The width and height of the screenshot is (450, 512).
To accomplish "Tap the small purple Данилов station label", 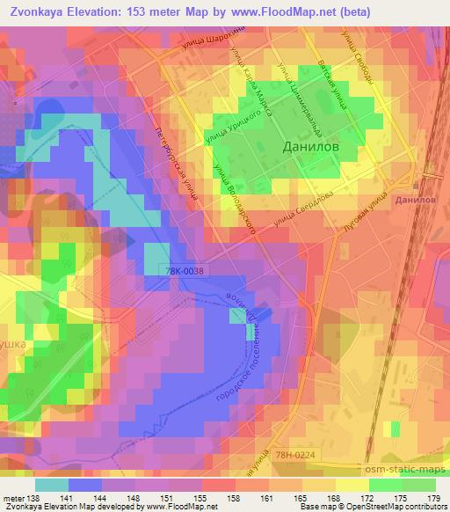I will point(415,201).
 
